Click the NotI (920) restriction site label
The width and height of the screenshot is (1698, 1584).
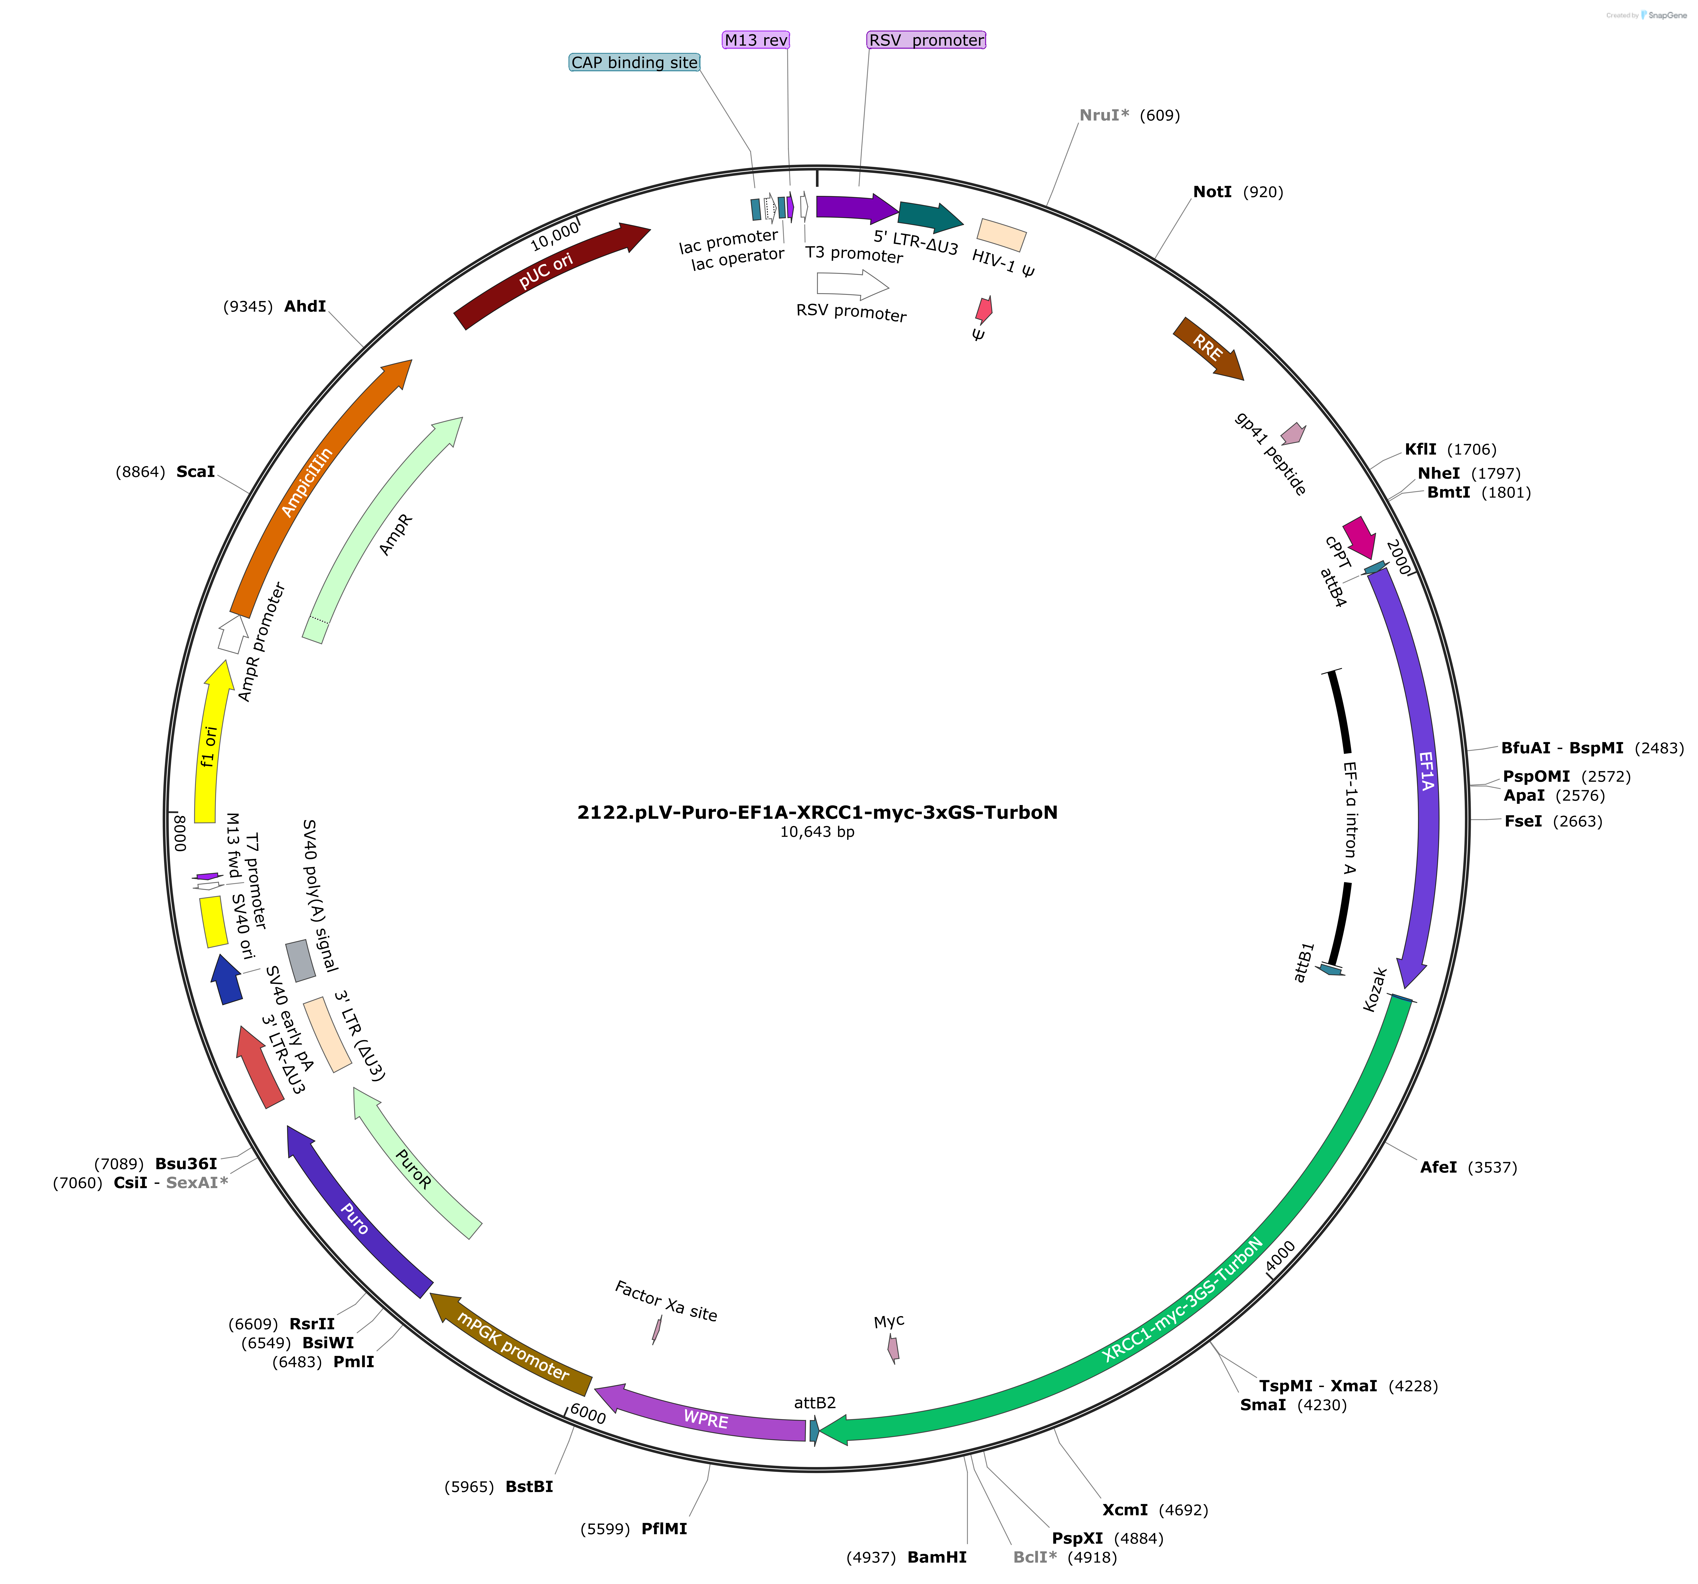click(1238, 192)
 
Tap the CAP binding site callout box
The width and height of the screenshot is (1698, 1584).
click(635, 62)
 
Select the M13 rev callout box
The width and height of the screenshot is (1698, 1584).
click(756, 40)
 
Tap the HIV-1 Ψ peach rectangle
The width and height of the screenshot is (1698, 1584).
click(1001, 235)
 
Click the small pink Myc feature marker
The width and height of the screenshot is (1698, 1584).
click(893, 1350)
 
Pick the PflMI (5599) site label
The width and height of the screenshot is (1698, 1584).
click(634, 1528)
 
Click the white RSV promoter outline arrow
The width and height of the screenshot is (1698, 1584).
click(851, 285)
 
